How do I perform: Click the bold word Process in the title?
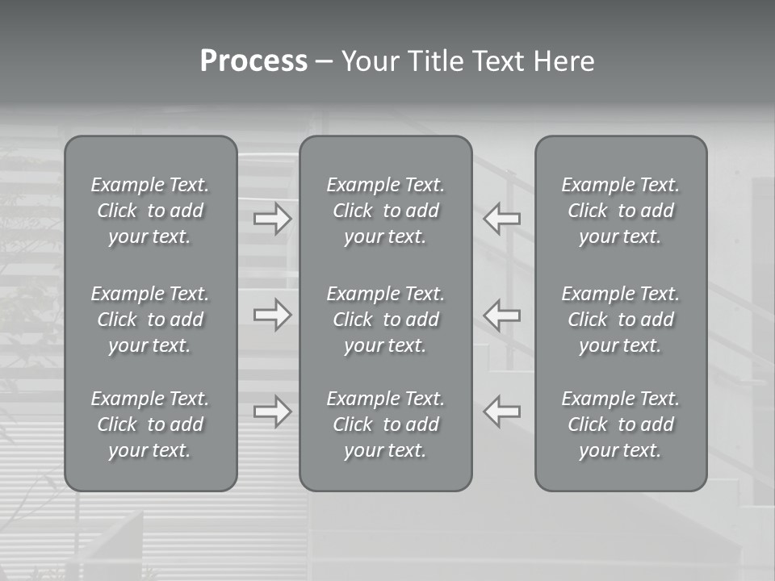tap(253, 61)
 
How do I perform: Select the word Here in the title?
tap(563, 61)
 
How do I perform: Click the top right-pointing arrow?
tap(272, 219)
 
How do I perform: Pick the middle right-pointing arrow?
tap(272, 315)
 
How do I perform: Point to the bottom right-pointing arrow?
tap(272, 412)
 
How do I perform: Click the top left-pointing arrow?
tap(502, 219)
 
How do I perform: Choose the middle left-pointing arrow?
tap(502, 315)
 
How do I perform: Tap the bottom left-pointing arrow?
tap(502, 412)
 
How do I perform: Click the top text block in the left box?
tap(150, 211)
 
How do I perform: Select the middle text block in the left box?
tap(150, 320)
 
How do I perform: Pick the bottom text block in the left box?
tap(150, 424)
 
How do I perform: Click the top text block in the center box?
tap(386, 211)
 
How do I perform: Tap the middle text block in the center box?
tap(386, 320)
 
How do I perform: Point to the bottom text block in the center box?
tap(386, 424)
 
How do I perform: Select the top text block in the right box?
tap(621, 211)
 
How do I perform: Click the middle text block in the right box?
tap(621, 320)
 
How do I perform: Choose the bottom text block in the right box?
tap(621, 424)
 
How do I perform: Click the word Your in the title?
tap(370, 61)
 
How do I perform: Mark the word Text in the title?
tap(498, 61)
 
